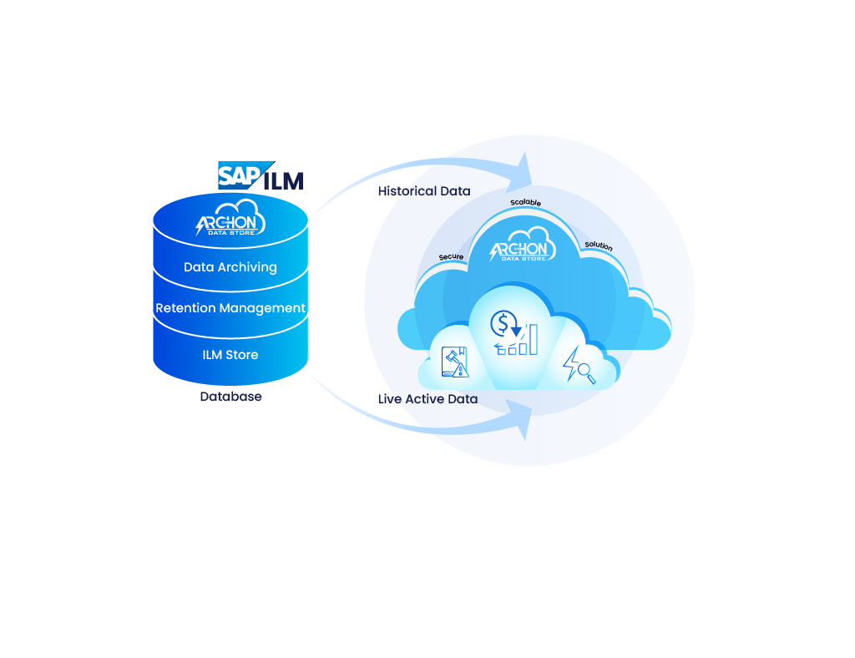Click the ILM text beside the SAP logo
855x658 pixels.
284,181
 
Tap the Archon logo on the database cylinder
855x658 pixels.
230,217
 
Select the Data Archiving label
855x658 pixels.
230,267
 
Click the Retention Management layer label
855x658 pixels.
230,308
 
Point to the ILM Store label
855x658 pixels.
230,355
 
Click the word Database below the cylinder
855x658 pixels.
230,397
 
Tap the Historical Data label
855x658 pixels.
424,191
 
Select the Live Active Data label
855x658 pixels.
428,399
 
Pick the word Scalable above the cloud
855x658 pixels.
526,202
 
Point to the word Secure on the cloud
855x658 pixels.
451,256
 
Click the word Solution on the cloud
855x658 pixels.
599,245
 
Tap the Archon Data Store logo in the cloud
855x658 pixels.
523,245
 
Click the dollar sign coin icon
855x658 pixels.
503,323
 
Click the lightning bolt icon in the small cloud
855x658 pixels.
571,363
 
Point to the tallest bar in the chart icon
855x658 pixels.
534,339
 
